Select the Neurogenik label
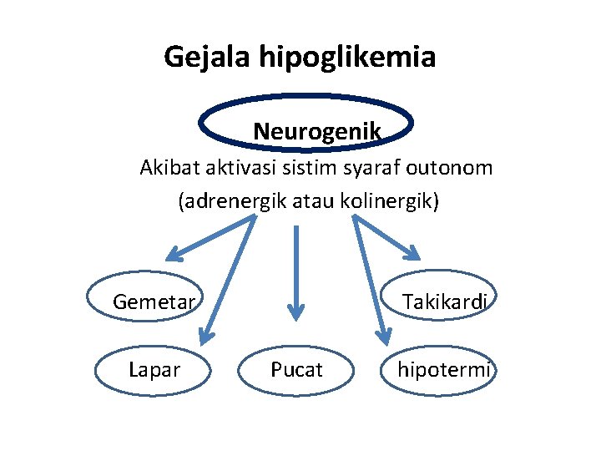317,131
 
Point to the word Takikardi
444,302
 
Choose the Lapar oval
154,369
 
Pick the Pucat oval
296,369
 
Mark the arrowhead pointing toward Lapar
203,336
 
